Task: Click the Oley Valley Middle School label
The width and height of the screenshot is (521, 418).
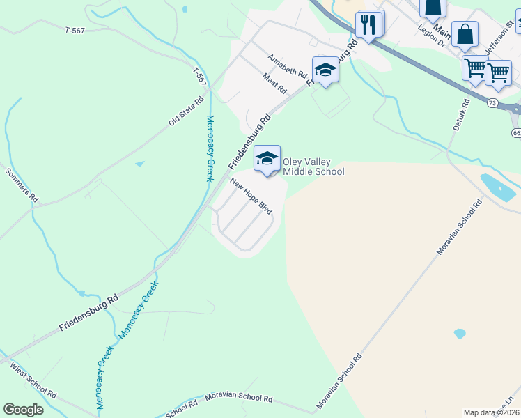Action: click(313, 167)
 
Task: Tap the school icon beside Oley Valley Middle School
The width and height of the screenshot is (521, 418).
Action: click(267, 159)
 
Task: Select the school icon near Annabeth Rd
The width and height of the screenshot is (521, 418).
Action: click(325, 70)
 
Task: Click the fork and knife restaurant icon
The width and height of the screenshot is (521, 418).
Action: click(369, 25)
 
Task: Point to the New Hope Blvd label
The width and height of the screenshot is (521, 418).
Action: click(251, 196)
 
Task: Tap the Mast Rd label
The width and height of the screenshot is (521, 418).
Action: click(274, 84)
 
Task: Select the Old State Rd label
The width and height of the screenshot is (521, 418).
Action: click(186, 111)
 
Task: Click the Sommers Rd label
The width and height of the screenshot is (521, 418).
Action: click(21, 185)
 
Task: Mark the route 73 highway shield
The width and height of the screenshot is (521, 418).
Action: click(492, 103)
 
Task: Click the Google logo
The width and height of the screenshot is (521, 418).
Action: click(23, 410)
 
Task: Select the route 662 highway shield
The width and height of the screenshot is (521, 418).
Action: click(516, 132)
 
